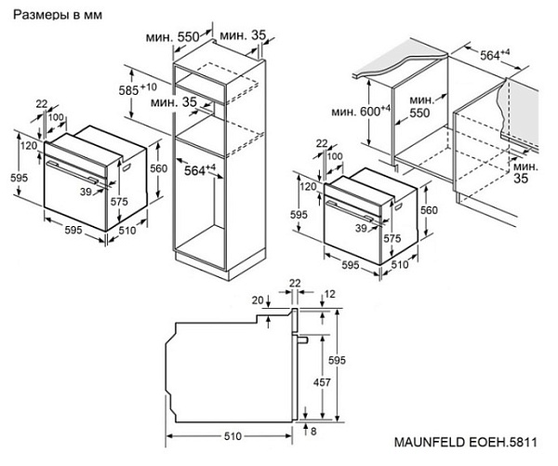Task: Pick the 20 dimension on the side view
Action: pyautogui.click(x=256, y=300)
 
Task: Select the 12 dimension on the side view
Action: pyautogui.click(x=330, y=295)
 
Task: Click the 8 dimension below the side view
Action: pyautogui.click(x=315, y=431)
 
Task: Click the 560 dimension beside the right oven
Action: pyautogui.click(x=429, y=210)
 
